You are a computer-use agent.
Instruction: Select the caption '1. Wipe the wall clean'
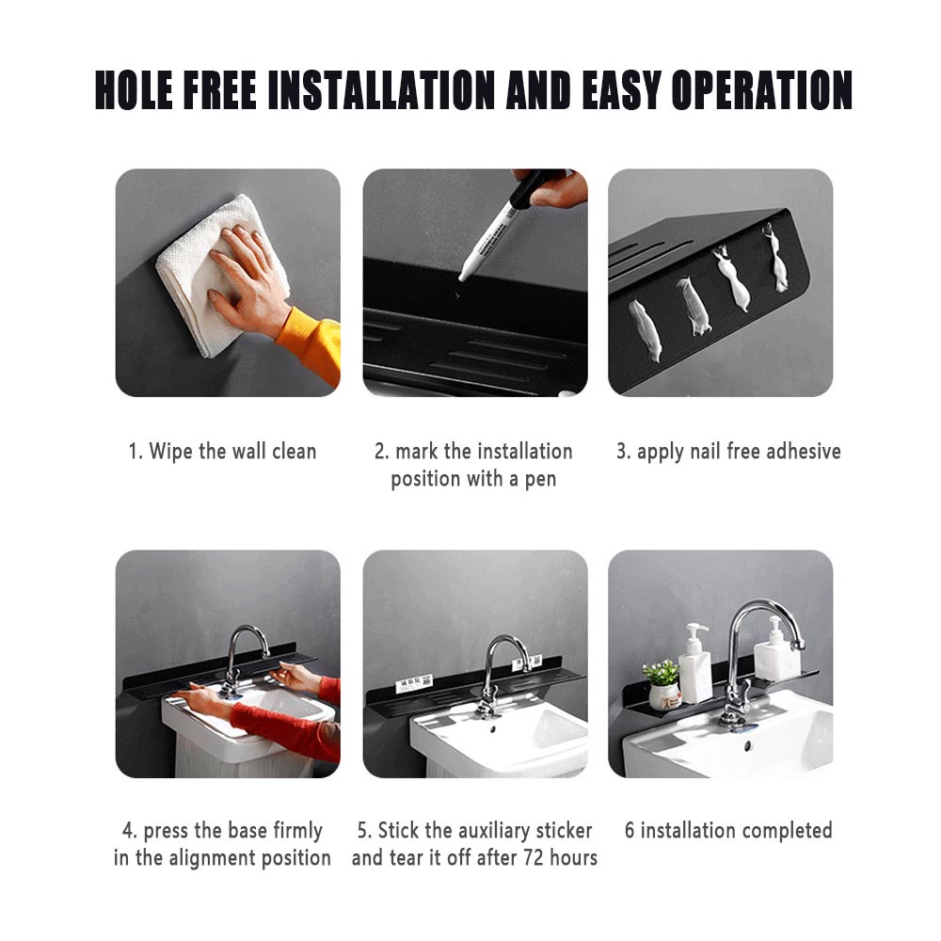tap(222, 452)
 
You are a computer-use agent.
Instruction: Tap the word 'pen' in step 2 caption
tap(541, 480)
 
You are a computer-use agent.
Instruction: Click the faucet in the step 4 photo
tap(243, 661)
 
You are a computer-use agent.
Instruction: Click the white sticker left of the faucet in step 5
tap(414, 683)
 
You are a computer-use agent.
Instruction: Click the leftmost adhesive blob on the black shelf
tap(646, 330)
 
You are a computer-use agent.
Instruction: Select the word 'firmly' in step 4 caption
tap(297, 831)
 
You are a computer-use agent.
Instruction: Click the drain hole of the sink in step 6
tap(748, 746)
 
